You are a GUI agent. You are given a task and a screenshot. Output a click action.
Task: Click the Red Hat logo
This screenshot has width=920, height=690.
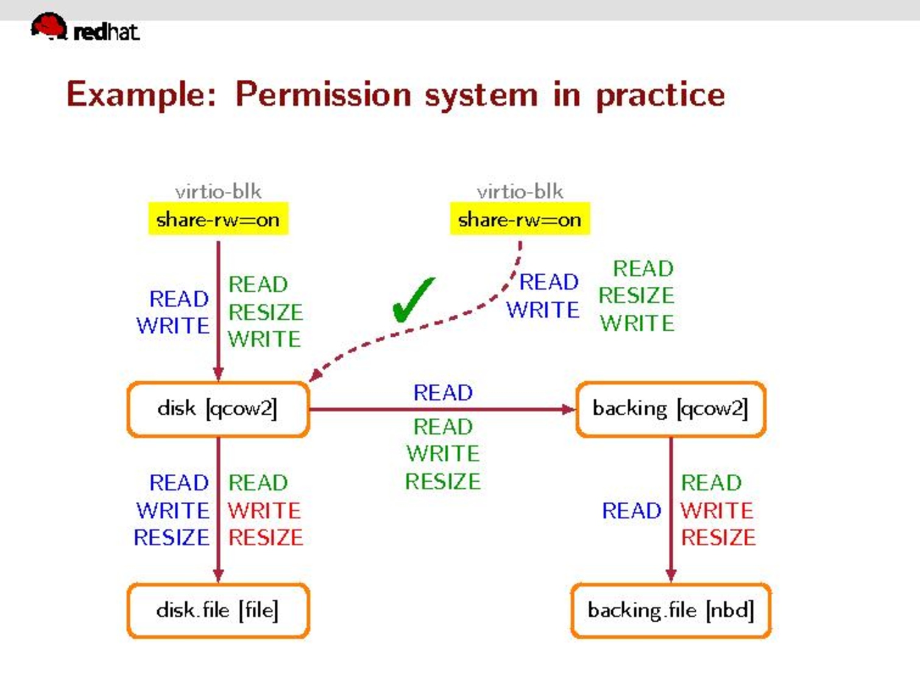click(x=85, y=28)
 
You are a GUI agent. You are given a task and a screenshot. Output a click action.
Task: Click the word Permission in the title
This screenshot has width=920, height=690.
click(x=323, y=95)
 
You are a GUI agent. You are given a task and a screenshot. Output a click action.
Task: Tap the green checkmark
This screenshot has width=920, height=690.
click(x=412, y=300)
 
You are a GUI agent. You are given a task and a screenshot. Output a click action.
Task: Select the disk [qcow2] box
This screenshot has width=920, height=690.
click(x=218, y=409)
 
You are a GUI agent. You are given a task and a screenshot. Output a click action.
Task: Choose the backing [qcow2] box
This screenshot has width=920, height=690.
click(x=670, y=409)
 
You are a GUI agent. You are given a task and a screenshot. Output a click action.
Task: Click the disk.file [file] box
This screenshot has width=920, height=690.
click(x=218, y=610)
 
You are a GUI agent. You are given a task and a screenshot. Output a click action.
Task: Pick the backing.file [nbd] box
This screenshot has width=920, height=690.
click(x=670, y=610)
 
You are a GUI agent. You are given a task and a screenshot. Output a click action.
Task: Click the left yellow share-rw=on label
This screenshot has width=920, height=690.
click(x=218, y=219)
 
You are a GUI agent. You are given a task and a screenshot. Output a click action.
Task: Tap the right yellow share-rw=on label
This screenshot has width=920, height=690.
click(x=520, y=219)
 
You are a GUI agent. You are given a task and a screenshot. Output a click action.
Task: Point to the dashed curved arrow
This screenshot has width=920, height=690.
click(x=426, y=326)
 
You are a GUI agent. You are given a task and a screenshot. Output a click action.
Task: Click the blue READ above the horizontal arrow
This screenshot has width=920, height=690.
click(x=443, y=393)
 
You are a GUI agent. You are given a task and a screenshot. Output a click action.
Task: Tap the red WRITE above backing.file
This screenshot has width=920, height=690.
click(x=717, y=510)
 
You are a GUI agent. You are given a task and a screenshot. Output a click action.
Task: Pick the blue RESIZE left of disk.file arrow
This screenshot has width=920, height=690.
click(x=171, y=538)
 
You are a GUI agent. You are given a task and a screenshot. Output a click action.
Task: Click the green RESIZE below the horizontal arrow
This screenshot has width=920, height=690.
click(x=443, y=482)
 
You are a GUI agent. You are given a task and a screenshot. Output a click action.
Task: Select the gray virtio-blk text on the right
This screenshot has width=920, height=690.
click(x=520, y=192)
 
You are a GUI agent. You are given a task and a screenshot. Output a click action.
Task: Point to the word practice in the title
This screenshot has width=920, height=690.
click(x=660, y=95)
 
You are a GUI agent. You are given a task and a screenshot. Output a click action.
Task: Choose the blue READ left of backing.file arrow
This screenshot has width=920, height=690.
click(x=631, y=510)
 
